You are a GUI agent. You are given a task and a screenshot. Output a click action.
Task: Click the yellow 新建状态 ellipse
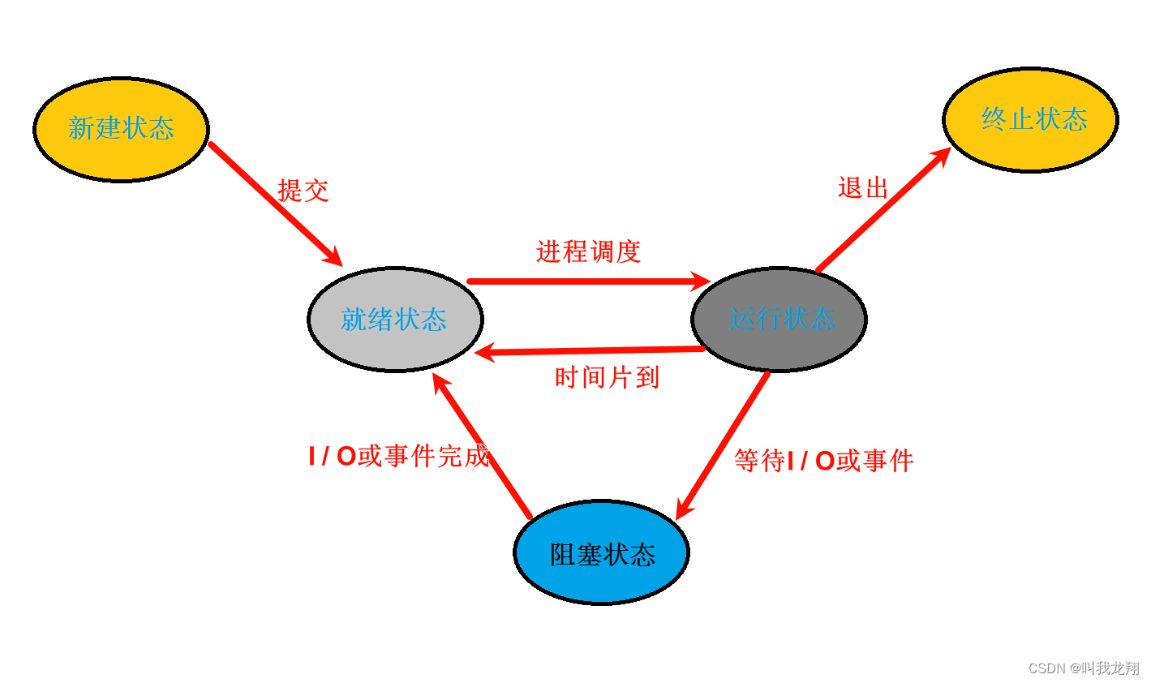[122, 130]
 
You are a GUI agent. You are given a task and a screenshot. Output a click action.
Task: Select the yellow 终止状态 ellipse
[1030, 120]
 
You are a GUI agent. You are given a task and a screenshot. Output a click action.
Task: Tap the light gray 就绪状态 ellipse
[395, 320]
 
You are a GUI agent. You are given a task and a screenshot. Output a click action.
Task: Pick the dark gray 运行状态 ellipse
[779, 320]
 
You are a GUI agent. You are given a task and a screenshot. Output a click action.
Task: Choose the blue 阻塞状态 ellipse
[601, 552]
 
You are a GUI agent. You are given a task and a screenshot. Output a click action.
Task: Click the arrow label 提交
[303, 191]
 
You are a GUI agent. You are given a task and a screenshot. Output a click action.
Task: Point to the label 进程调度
[588, 251]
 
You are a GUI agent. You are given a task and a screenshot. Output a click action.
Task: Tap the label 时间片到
[607, 377]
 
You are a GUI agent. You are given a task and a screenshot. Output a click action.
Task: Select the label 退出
[863, 188]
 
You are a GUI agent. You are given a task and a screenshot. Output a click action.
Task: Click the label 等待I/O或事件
[823, 461]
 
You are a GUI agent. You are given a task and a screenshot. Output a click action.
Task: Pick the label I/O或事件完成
[398, 456]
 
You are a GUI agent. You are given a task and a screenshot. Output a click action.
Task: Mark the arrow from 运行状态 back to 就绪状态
[592, 350]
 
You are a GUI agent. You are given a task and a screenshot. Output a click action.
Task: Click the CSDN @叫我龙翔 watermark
[1084, 668]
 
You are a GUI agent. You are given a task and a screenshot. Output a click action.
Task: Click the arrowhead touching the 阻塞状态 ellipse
[684, 509]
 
